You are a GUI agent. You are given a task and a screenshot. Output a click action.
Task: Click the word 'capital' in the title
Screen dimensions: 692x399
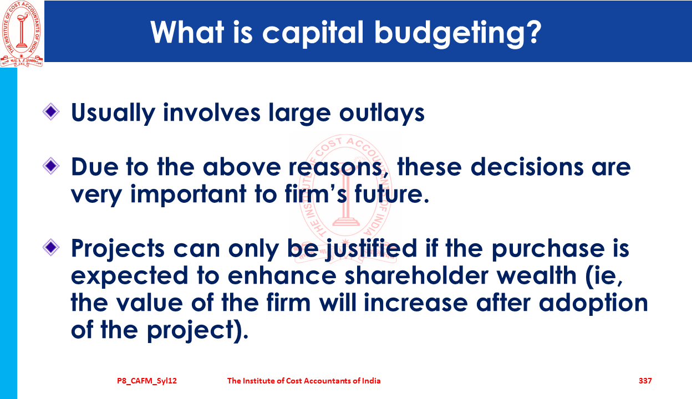(313, 33)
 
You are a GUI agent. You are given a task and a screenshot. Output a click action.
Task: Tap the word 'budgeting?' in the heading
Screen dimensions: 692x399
(458, 33)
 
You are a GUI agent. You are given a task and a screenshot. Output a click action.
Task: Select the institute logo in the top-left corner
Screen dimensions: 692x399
(22, 34)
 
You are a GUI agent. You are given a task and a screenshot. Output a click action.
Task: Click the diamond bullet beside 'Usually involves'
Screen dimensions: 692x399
(51, 112)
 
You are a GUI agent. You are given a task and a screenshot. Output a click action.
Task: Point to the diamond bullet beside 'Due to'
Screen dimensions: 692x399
(51, 166)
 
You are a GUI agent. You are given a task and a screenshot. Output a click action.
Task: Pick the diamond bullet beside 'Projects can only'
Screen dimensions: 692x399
(51, 247)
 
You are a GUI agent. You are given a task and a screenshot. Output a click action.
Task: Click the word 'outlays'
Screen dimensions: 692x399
(382, 113)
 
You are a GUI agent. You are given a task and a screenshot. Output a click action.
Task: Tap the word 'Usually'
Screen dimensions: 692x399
(113, 113)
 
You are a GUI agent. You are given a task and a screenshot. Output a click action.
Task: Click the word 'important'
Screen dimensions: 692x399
(188, 195)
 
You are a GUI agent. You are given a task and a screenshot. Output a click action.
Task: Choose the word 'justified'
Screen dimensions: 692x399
(371, 249)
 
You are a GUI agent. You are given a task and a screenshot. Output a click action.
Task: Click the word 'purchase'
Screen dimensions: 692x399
(548, 249)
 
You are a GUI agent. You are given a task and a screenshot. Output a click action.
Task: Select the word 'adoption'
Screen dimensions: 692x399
(593, 304)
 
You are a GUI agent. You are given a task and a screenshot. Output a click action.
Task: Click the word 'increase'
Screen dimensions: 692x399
(415, 303)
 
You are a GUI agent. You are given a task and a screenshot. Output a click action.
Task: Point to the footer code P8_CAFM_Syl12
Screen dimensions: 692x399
(147, 381)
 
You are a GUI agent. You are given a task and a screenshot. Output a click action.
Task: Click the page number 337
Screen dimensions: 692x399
(645, 381)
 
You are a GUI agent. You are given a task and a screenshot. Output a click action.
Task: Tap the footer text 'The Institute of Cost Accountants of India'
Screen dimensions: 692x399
(304, 381)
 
